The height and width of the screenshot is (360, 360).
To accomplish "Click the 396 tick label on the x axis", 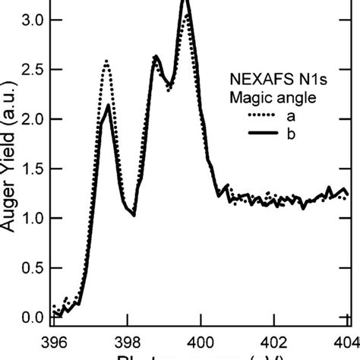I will coord(55,342).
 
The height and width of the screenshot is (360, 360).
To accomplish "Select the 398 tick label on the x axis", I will coord(128,342).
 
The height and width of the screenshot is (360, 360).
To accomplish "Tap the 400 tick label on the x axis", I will coord(201,342).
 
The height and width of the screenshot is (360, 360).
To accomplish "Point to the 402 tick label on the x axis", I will coord(274,342).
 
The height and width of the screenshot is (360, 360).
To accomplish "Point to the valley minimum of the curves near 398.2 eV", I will coord(134,215).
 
